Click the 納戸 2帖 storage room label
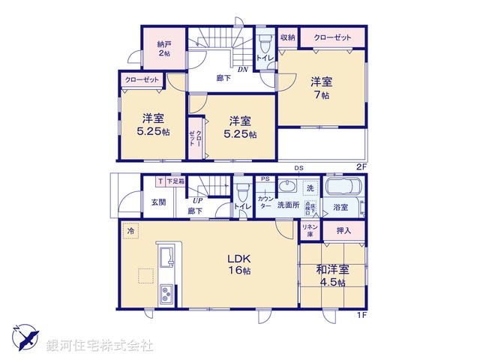point(163,49)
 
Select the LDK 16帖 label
point(239,264)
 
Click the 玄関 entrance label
point(158,202)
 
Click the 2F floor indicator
point(361,166)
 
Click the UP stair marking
point(198,201)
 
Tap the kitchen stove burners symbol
point(166,292)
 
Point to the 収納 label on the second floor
point(288,37)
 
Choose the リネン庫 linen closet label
point(309,229)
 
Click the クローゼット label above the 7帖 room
point(334,37)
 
